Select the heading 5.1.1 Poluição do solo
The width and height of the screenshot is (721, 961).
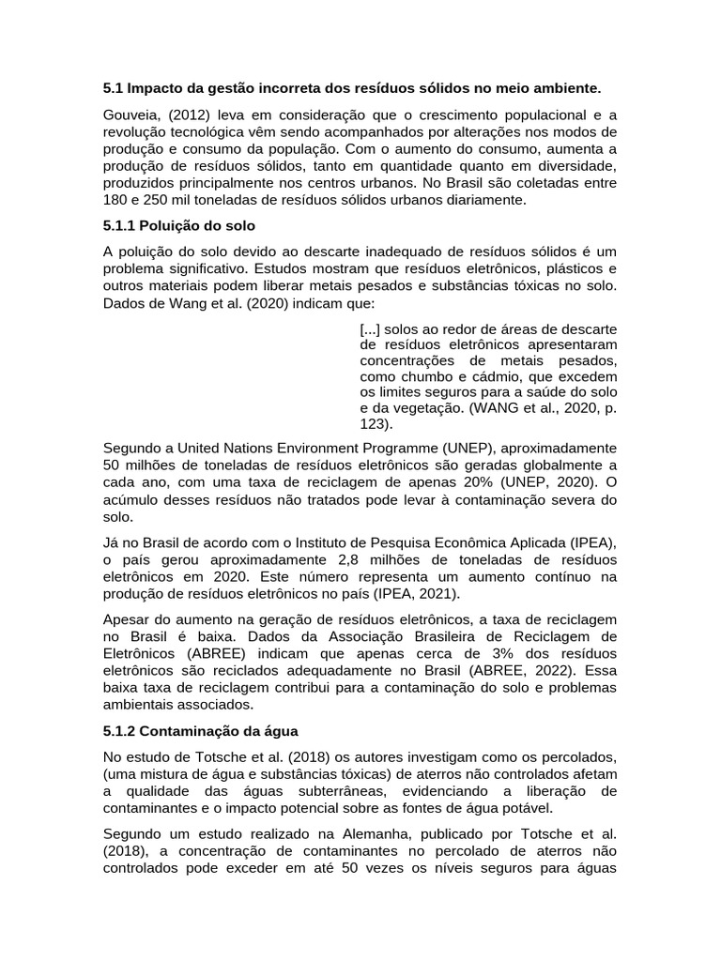click(178, 226)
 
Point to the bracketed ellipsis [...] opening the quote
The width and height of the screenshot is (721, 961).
click(369, 328)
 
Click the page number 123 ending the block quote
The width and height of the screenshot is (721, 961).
click(373, 423)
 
